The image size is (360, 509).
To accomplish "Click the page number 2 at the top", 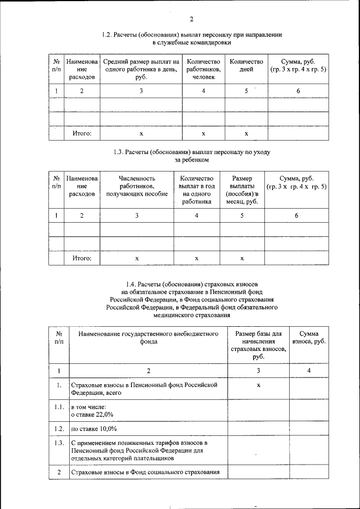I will [191, 20].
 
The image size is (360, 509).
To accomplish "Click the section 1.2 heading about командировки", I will [191, 38].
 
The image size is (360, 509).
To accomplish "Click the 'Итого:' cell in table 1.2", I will [82, 134].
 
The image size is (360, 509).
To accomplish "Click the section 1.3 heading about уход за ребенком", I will [191, 156].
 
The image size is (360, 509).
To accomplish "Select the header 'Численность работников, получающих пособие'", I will [137, 186].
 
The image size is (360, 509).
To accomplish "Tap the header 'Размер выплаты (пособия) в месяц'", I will [242, 190].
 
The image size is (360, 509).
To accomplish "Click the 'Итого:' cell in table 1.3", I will [82, 258].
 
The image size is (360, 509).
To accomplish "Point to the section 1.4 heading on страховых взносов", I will [191, 300].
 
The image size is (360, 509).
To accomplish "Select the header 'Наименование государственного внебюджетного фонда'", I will [148, 337].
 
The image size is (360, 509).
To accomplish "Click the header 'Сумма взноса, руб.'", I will [309, 337].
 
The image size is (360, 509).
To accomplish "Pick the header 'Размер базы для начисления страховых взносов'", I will [258, 345].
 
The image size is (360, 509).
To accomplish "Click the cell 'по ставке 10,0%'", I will [94, 429].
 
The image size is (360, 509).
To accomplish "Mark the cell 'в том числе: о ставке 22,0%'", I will [92, 410].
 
